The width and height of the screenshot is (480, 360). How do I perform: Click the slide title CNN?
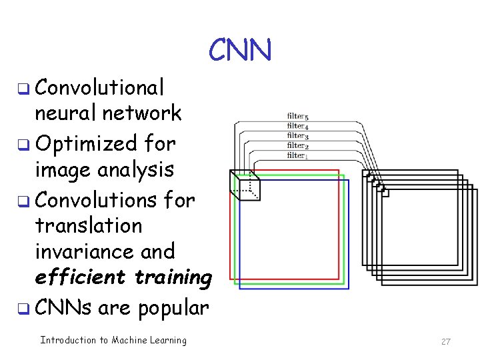[x=240, y=50]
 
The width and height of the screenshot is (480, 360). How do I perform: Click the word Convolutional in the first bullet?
[x=99, y=87]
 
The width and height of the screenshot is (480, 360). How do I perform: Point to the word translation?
[x=88, y=225]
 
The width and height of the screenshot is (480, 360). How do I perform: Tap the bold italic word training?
[x=173, y=277]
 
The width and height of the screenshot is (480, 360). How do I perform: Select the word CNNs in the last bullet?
[x=63, y=307]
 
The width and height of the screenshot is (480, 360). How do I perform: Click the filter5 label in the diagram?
[x=297, y=117]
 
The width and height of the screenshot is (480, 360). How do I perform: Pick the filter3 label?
[x=297, y=136]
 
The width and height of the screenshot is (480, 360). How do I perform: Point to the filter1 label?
[x=297, y=155]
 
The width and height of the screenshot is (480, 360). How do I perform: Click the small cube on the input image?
[x=245, y=185]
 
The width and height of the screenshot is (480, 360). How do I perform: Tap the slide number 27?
[x=446, y=341]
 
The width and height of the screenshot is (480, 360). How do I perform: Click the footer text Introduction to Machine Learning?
[x=113, y=340]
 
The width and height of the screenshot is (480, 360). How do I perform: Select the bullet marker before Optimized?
[x=23, y=144]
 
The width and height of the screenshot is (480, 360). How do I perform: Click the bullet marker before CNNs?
[x=23, y=309]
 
